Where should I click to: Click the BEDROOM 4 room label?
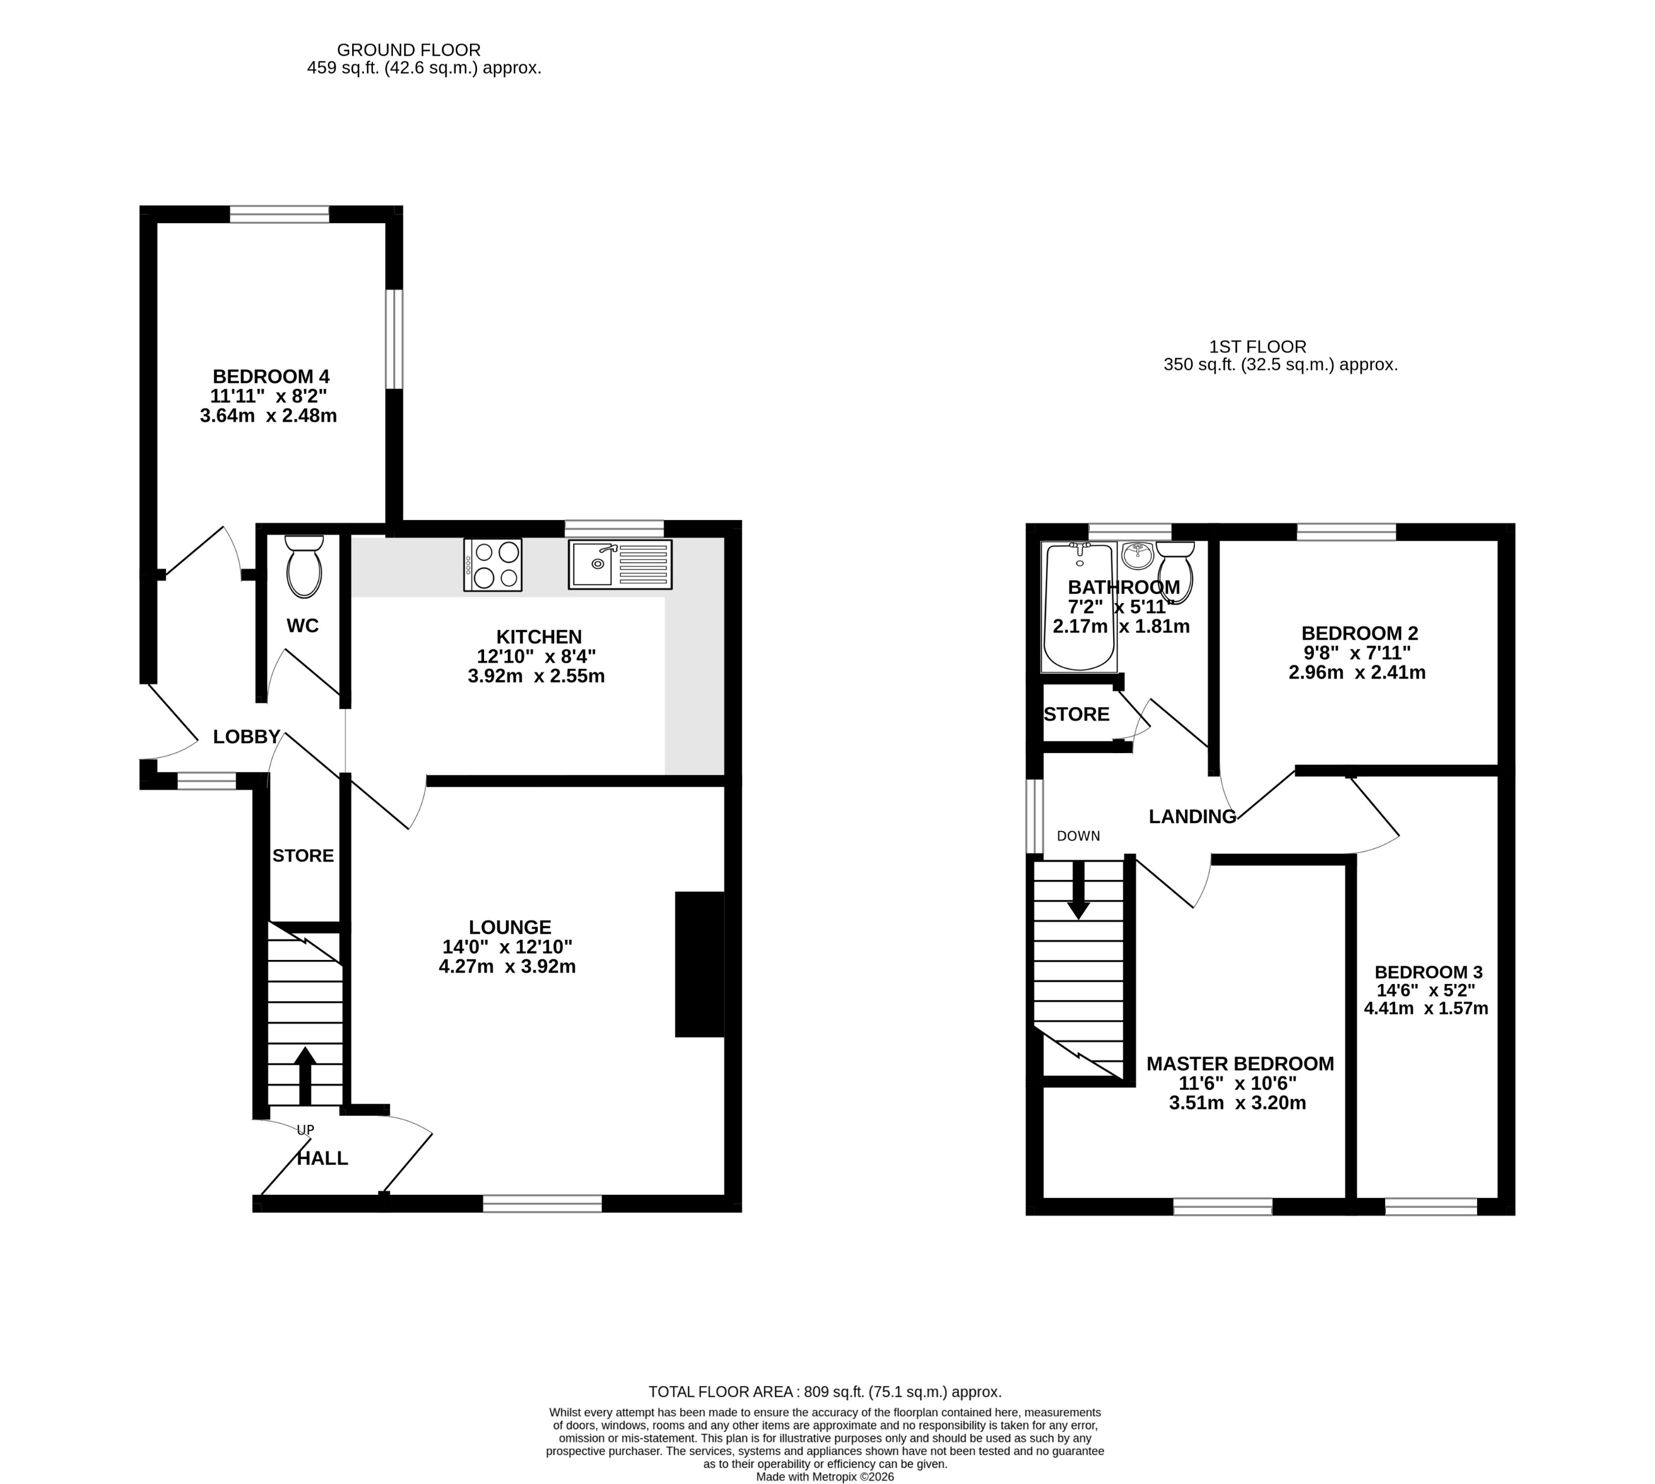271,377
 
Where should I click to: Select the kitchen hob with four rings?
492,564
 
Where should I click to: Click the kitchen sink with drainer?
620,564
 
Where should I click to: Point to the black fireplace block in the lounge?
700,964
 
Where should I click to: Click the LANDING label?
1192,816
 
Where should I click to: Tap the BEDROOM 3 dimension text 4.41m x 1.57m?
1426,1008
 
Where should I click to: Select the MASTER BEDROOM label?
1240,1064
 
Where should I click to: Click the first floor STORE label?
1076,714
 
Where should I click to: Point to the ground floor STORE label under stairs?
303,855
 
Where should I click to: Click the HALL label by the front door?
322,1158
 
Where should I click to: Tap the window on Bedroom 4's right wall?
394,339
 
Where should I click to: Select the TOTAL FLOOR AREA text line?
825,1392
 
